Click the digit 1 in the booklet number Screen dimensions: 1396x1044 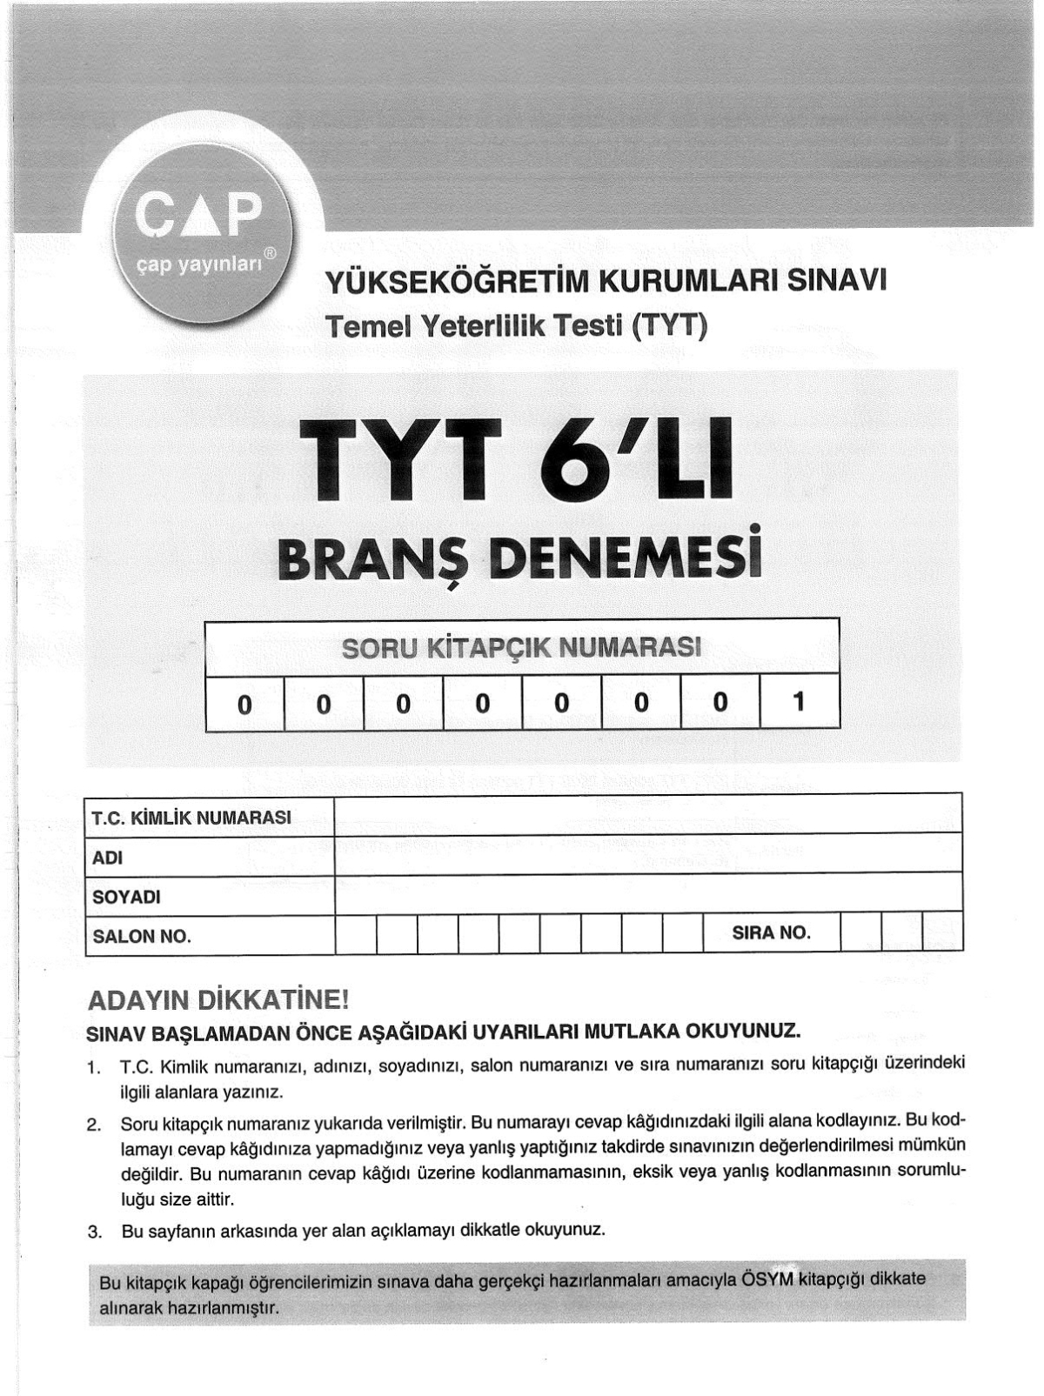(x=800, y=701)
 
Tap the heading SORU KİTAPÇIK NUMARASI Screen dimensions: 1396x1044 (x=521, y=649)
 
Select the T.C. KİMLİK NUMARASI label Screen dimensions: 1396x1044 (x=191, y=818)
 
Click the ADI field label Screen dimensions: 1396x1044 (x=108, y=858)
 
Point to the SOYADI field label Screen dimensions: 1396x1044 (x=126, y=897)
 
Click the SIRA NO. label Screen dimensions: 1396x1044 (x=771, y=933)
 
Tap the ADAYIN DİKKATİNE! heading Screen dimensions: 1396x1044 (x=218, y=1001)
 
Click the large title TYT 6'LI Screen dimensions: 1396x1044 (x=515, y=459)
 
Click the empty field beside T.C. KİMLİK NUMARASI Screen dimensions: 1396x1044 (x=648, y=814)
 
